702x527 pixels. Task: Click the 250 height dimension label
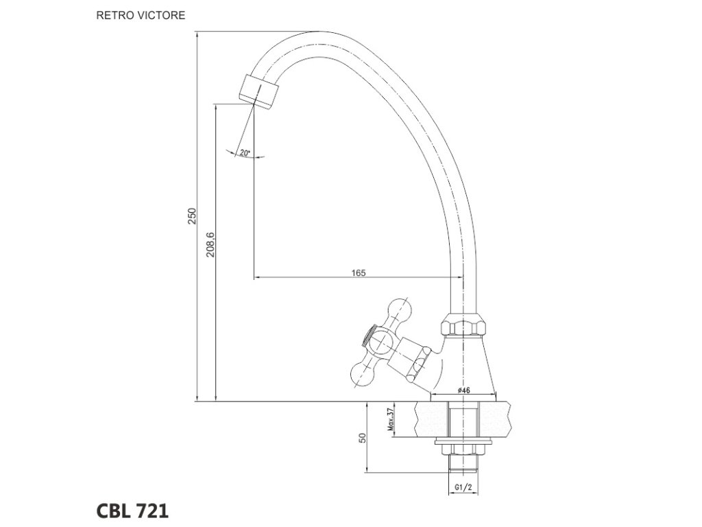point(193,216)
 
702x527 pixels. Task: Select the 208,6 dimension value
point(210,244)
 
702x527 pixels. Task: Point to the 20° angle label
point(245,153)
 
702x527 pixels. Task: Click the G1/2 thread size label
point(463,488)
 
